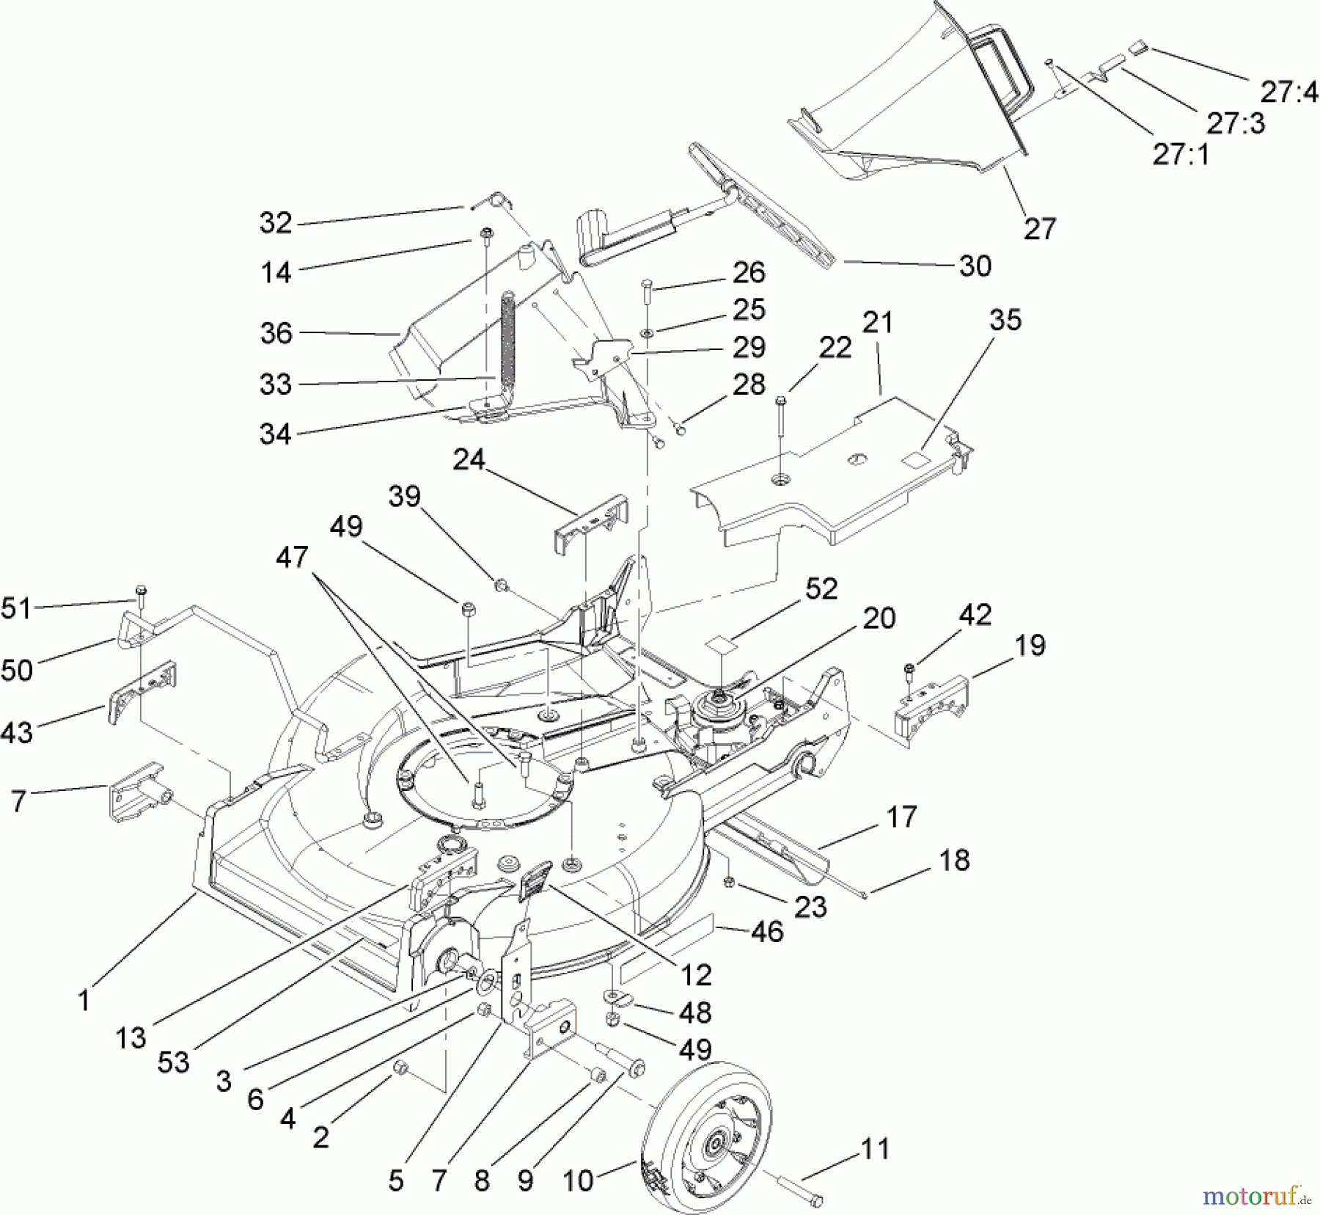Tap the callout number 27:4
pyautogui.click(x=1289, y=93)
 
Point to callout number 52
pyautogui.click(x=821, y=589)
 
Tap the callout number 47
pyautogui.click(x=292, y=558)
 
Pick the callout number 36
pyautogui.click(x=276, y=333)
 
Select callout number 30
pyautogui.click(x=975, y=266)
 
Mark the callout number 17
pyautogui.click(x=901, y=817)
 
